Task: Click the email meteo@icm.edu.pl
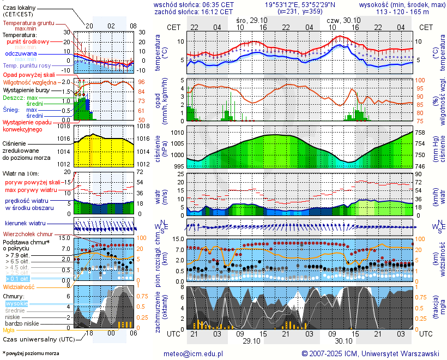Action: pos(194,353)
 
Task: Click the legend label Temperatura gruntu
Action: pos(28,23)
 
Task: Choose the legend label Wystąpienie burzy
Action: pos(26,89)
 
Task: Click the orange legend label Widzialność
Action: pos(19,286)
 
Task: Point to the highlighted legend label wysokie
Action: pos(16,303)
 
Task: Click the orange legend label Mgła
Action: pos(9,330)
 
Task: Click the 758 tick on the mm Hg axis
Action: pos(420,133)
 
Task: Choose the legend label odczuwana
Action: pos(21,54)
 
